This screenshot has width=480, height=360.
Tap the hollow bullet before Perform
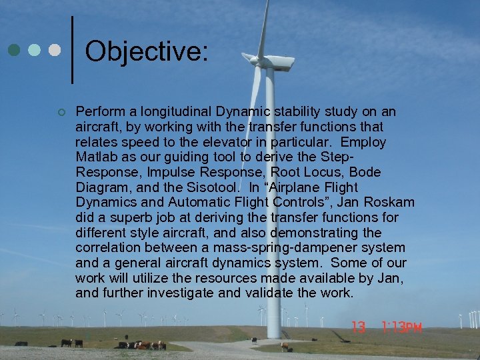tap(61, 112)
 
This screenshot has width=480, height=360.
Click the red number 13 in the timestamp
tap(359, 327)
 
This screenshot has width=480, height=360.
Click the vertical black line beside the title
tap(72, 50)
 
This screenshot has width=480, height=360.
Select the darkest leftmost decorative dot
tap(13, 50)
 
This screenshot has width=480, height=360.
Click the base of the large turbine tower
tap(273, 333)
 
